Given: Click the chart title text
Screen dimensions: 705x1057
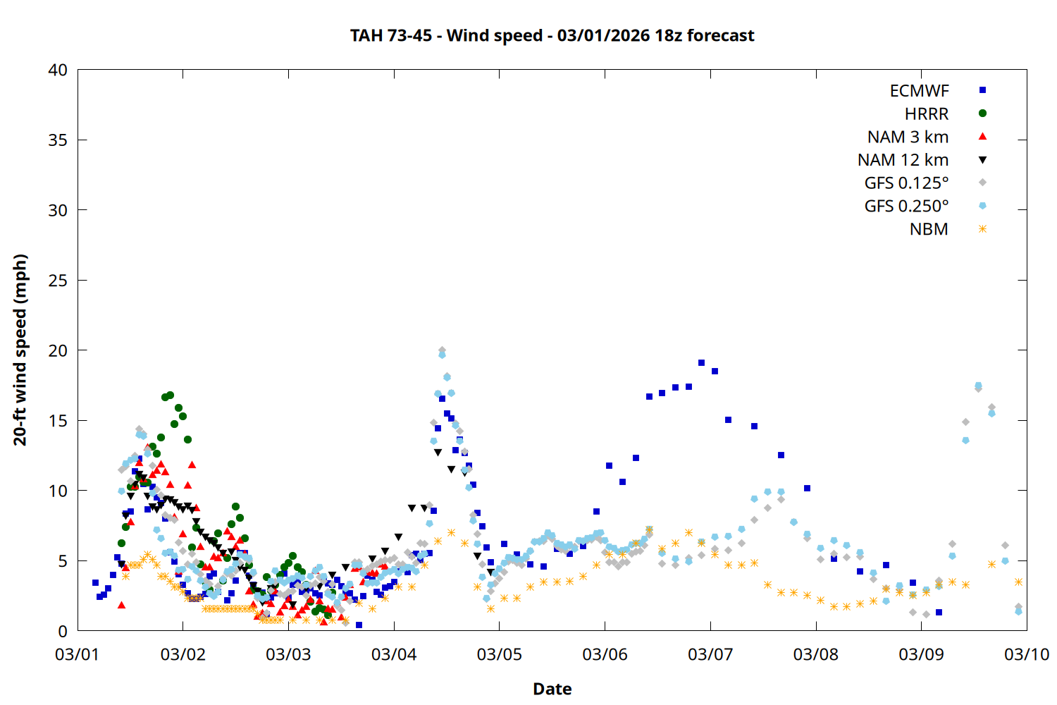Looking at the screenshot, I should click(552, 35).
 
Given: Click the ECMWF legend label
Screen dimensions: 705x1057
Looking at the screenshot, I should click(919, 91).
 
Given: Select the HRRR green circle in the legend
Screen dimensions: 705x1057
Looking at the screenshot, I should click(982, 114).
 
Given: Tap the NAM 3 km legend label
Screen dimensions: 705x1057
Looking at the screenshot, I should click(908, 137).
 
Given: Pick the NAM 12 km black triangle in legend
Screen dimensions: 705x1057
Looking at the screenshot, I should click(982, 160).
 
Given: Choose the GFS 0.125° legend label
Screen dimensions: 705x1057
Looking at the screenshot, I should click(906, 183).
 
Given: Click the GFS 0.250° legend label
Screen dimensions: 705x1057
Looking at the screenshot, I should click(906, 206).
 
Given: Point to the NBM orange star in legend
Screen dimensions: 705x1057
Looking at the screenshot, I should click(982, 229).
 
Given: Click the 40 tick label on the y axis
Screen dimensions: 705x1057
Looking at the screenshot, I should click(58, 70).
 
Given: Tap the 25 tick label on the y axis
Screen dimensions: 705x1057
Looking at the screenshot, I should click(58, 281).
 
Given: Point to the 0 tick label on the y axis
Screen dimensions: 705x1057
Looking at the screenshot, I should click(63, 631).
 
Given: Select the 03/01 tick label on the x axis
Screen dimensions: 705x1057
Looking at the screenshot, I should click(78, 654).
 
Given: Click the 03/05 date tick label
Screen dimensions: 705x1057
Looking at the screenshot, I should click(500, 654).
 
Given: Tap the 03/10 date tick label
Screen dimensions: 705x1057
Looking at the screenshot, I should click(1027, 654).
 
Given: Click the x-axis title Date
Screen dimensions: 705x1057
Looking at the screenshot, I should click(552, 689).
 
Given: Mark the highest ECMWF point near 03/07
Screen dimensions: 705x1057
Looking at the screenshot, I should click(701, 363).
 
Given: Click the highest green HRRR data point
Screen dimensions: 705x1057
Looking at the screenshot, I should click(170, 396).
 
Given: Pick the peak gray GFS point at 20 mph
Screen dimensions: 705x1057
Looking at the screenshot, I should click(442, 350).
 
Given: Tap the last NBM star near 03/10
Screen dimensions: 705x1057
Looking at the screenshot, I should click(1018, 582).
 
